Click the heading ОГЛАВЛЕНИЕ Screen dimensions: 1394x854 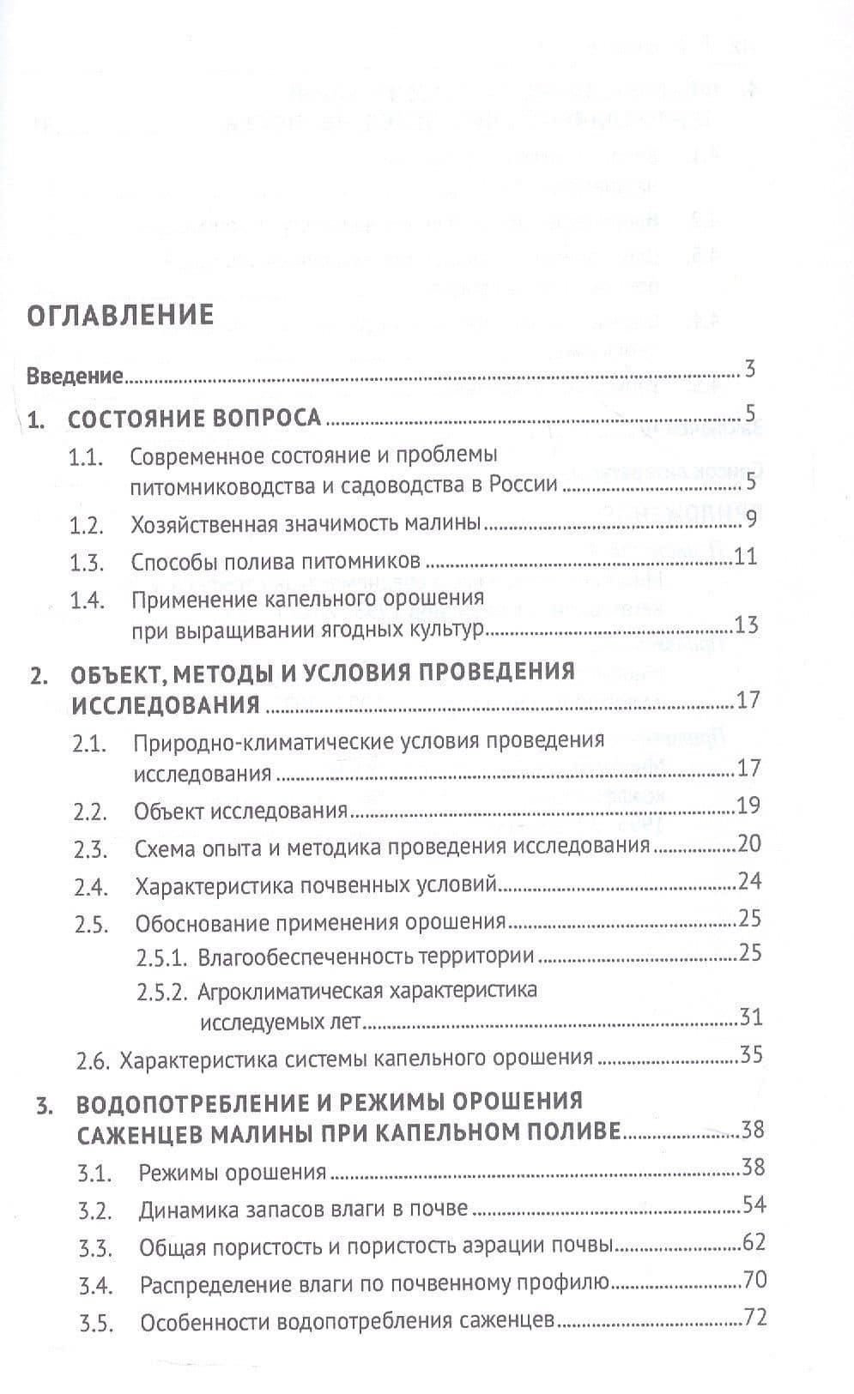pyautogui.click(x=120, y=315)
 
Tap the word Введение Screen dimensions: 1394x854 pyautogui.click(x=76, y=376)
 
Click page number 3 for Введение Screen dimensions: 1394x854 pyautogui.click(x=749, y=371)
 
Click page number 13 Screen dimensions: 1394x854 pyautogui.click(x=746, y=625)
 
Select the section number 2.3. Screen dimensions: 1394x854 pyautogui.click(x=90, y=850)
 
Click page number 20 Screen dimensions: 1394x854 pyautogui.click(x=748, y=844)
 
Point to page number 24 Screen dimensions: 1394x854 pyautogui.click(x=749, y=881)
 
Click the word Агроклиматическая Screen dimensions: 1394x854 pyautogui.click(x=288, y=991)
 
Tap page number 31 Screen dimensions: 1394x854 pyautogui.click(x=750, y=1018)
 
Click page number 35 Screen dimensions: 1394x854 pyautogui.click(x=750, y=1054)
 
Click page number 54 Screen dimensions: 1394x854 pyautogui.click(x=754, y=1204)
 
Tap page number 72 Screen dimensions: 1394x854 pyautogui.click(x=754, y=1317)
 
